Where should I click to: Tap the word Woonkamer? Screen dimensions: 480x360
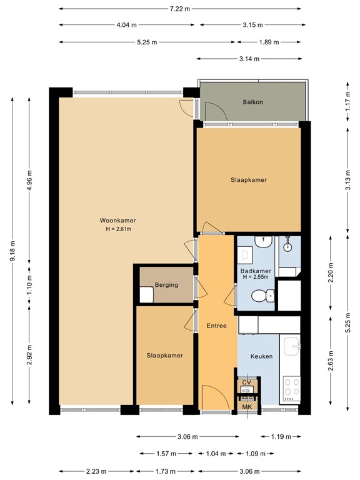pyautogui.click(x=117, y=221)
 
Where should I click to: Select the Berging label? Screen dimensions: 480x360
pyautogui.click(x=167, y=285)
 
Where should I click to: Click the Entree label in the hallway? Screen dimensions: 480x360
pyautogui.click(x=216, y=326)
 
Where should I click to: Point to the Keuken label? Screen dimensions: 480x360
pyautogui.click(x=261, y=356)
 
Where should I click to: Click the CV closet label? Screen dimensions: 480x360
pyautogui.click(x=246, y=382)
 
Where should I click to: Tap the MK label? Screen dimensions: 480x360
pyautogui.click(x=247, y=407)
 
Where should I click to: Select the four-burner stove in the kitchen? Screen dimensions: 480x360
pyautogui.click(x=291, y=387)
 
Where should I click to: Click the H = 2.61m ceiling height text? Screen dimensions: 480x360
pyautogui.click(x=117, y=229)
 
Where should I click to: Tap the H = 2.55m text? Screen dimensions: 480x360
pyautogui.click(x=255, y=277)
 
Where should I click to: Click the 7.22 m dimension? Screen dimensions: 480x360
pyautogui.click(x=180, y=9)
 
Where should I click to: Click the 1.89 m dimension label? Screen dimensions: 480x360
pyautogui.click(x=268, y=42)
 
